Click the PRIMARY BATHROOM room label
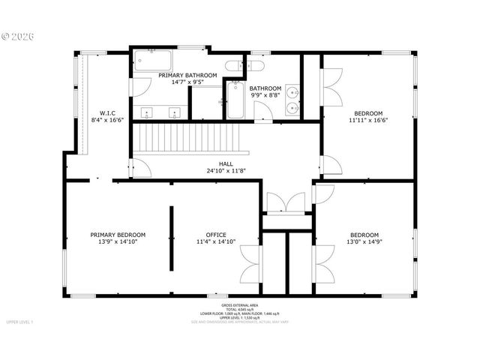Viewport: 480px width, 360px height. click(187, 75)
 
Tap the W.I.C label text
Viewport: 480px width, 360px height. click(106, 112)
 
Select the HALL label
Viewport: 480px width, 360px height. click(226, 163)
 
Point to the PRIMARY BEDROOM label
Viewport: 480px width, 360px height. click(118, 235)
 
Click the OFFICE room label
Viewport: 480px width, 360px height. click(216, 235)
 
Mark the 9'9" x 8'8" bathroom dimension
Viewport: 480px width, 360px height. click(265, 95)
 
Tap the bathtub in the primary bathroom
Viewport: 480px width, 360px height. click(153, 60)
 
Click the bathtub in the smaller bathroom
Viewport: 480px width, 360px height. click(234, 101)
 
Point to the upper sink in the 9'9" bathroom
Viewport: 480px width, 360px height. click(292, 95)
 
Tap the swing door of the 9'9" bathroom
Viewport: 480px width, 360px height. click(262, 112)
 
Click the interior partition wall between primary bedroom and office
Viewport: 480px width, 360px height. click(172, 238)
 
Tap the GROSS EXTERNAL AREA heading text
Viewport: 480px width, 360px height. click(239, 305)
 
